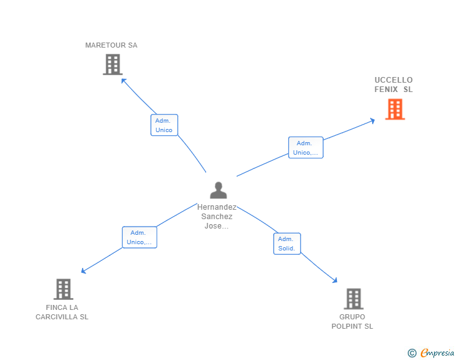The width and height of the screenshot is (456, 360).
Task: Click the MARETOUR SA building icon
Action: point(112,64)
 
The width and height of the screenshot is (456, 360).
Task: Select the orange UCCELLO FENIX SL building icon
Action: point(395,110)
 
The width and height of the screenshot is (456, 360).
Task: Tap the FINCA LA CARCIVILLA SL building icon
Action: point(63,289)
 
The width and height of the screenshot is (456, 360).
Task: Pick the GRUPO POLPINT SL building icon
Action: point(353,299)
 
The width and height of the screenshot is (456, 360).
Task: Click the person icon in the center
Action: point(218,190)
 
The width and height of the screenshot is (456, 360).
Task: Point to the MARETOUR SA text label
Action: point(111,45)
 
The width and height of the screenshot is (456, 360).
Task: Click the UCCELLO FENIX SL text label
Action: point(393,85)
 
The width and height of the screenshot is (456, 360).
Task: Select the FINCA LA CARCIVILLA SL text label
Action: point(62,312)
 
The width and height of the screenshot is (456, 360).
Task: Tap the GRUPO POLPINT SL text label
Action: point(352,321)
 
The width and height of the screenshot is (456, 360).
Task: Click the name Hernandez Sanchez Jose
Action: point(217,216)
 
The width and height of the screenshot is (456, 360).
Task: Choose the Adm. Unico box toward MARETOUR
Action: point(164,125)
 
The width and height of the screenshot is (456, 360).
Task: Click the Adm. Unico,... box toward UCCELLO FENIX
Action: point(306,148)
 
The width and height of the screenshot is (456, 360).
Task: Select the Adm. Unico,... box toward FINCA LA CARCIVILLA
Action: point(139,237)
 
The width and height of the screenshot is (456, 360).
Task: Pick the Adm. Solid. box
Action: point(287,244)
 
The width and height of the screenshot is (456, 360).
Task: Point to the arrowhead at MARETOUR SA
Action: point(123,80)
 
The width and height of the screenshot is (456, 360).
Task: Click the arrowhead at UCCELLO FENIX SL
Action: point(373,120)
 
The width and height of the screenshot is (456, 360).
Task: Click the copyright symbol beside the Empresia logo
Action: point(412,354)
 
